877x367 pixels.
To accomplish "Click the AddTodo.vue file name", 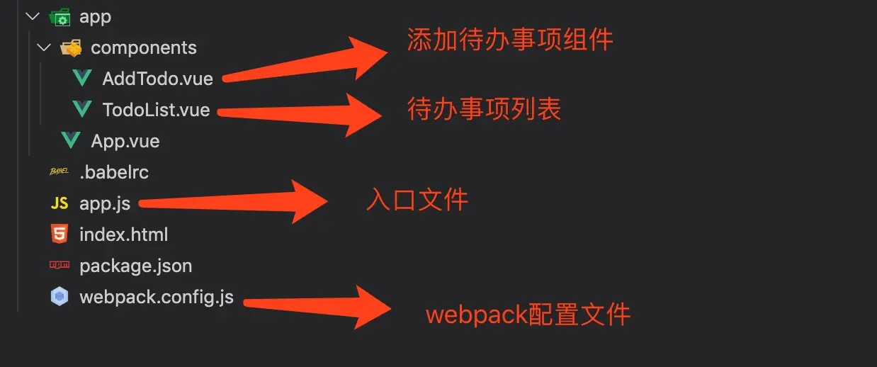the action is (157, 79).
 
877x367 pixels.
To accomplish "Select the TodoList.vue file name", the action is (156, 110).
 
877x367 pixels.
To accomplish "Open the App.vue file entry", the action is (125, 141).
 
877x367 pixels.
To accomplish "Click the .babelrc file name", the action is (113, 172).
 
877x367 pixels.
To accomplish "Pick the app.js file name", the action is (105, 203).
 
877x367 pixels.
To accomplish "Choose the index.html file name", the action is (123, 235).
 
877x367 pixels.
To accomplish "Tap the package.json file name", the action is (135, 266).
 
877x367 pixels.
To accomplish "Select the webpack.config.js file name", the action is (156, 297).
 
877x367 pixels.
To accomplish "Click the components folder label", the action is (144, 48).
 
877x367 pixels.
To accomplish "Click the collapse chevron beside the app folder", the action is (33, 16).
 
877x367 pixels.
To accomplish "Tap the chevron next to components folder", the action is (44, 47).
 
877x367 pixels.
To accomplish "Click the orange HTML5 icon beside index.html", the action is (60, 234).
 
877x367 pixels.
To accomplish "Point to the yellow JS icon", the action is (60, 203).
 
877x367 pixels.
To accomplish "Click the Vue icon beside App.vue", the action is (70, 140).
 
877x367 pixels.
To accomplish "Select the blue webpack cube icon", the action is (60, 297).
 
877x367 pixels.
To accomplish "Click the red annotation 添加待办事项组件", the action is (510, 40).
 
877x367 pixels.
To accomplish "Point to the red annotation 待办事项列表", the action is (484, 108).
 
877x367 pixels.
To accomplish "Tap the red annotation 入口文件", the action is (417, 201).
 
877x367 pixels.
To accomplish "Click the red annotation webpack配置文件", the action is (528, 314).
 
